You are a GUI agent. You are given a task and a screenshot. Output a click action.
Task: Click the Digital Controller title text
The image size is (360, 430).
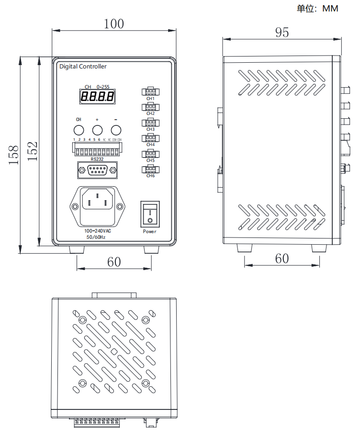(x=83, y=67)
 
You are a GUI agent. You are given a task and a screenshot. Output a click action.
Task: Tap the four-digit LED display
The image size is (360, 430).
(x=97, y=97)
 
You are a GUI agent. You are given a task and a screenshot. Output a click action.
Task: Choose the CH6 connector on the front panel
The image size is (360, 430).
(x=150, y=169)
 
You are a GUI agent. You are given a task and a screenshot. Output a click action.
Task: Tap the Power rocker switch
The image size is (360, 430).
(x=150, y=214)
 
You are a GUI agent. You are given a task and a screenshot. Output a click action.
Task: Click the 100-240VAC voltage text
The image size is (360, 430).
(x=98, y=230)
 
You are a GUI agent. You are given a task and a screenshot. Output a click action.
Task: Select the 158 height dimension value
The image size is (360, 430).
(x=13, y=155)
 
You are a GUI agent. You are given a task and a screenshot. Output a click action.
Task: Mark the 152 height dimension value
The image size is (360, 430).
(x=32, y=151)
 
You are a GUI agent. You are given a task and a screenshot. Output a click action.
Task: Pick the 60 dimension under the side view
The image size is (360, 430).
(x=282, y=258)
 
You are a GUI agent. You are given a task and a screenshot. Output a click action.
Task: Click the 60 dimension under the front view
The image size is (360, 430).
(x=114, y=261)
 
